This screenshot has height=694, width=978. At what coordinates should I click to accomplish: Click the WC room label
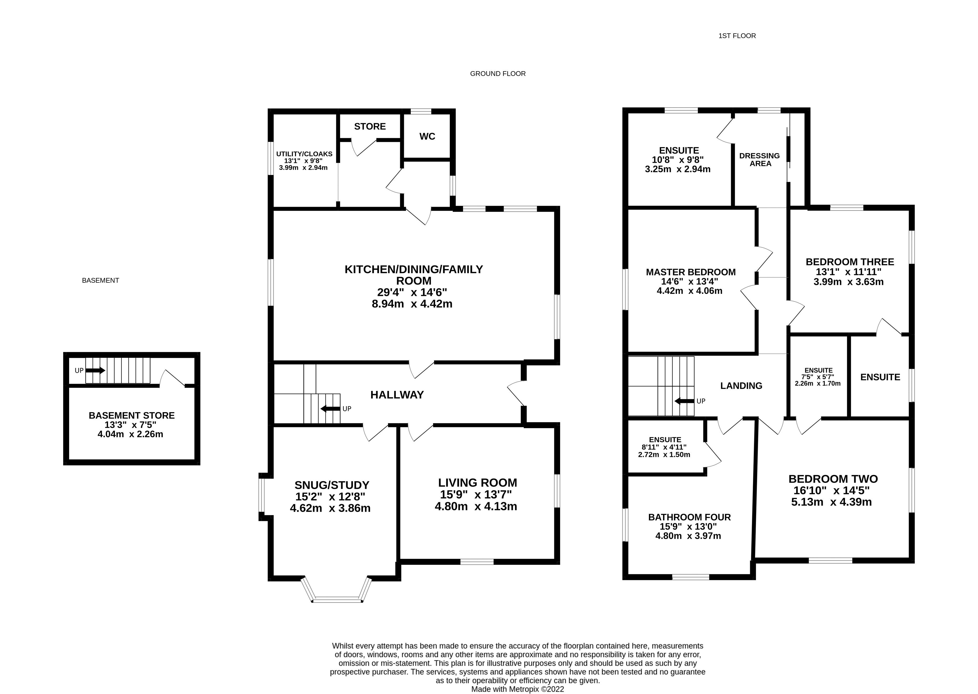click(427, 136)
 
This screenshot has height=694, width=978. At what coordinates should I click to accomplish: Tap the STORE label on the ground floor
click(370, 127)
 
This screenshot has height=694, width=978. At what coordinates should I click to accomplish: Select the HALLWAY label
click(397, 395)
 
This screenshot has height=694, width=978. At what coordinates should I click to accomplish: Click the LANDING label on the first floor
click(741, 386)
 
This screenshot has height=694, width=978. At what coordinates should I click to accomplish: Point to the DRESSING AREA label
click(760, 159)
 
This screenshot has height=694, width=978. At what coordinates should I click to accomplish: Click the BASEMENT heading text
click(100, 280)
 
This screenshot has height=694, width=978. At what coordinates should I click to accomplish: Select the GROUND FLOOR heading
click(498, 74)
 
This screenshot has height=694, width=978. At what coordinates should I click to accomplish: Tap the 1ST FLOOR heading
click(737, 36)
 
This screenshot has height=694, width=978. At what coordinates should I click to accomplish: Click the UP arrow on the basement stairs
click(95, 370)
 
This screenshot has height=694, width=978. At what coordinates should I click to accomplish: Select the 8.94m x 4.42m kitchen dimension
click(412, 304)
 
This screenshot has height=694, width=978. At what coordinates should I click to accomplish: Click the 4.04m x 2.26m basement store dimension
click(130, 434)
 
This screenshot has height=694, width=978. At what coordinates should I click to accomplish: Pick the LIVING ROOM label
click(478, 483)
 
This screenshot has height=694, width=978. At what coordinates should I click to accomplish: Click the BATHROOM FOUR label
click(689, 517)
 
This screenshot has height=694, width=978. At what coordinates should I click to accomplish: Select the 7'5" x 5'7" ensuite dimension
click(818, 377)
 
